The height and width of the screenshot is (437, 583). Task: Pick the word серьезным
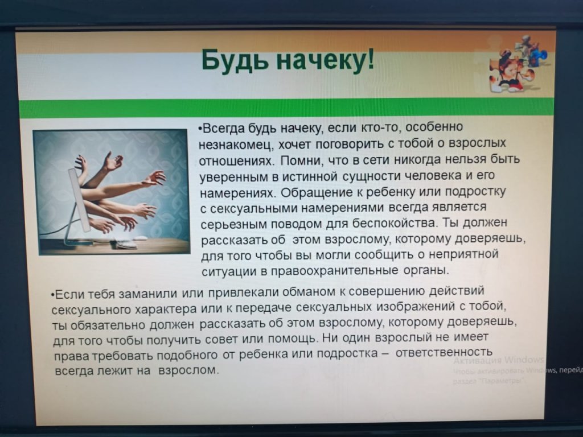[234, 225]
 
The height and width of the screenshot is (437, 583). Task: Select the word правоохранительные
[335, 270]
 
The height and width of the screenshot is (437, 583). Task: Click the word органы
[426, 270]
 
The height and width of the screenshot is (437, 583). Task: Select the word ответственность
[444, 352]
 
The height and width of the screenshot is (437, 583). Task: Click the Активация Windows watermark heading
[499, 360]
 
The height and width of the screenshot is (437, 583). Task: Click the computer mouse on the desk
[140, 238]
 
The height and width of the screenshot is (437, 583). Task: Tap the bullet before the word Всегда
[201, 129]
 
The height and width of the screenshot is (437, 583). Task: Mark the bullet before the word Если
[53, 295]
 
